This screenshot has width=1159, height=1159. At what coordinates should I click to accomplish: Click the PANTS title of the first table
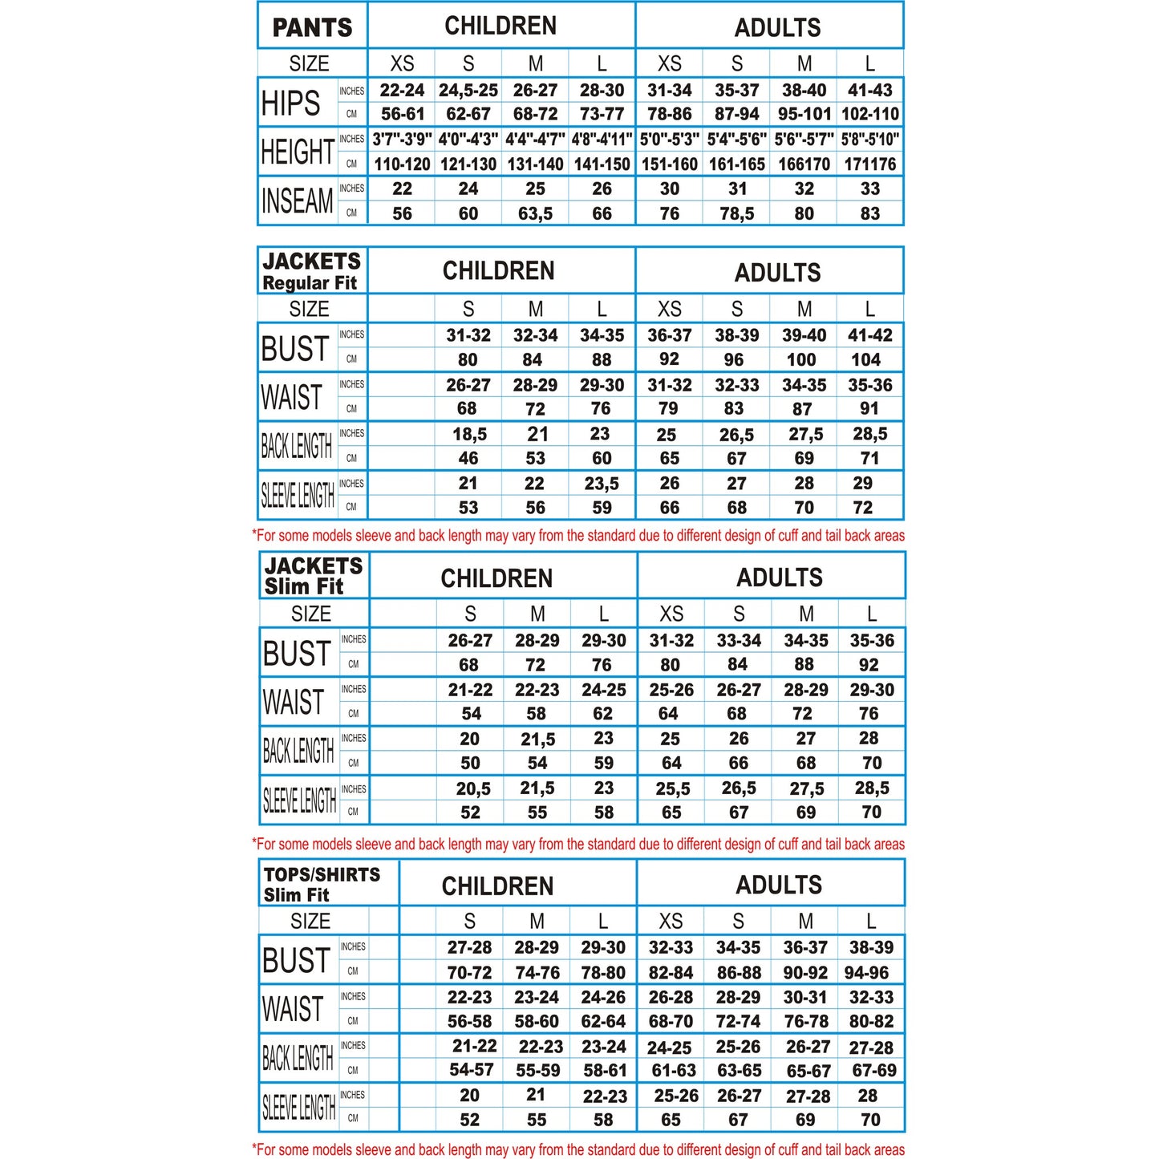click(312, 27)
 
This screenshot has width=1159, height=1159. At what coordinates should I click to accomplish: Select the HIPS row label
click(290, 103)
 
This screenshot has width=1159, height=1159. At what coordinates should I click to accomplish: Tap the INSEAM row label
click(297, 201)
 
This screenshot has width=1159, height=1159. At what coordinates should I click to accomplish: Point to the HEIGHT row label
click(298, 152)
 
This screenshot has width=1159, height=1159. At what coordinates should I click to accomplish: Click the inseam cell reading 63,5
click(535, 213)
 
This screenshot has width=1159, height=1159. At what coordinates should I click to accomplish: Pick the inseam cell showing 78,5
click(736, 213)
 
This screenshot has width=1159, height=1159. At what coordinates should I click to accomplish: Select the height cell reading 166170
click(804, 164)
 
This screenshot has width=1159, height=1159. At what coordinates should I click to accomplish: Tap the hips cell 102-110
click(870, 114)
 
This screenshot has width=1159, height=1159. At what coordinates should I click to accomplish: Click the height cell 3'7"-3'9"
click(402, 140)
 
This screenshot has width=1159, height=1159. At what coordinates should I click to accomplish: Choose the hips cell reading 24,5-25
click(468, 90)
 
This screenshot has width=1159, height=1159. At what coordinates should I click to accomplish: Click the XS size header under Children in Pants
click(402, 63)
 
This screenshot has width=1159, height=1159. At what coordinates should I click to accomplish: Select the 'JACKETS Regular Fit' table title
click(311, 271)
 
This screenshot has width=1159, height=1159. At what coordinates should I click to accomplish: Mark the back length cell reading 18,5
click(469, 434)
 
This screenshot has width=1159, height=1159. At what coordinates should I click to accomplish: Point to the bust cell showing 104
click(865, 359)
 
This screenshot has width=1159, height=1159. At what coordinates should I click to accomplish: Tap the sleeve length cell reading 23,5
click(602, 484)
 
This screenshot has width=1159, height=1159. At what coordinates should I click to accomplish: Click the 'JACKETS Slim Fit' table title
click(313, 576)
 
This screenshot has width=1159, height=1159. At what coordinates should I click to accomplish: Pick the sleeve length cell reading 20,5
click(473, 788)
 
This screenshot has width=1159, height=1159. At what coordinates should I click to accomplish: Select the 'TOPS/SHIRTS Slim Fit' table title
click(322, 884)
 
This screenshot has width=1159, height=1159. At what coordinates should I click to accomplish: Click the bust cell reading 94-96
click(866, 972)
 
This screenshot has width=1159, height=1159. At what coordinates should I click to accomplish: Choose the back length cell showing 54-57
click(472, 1070)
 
